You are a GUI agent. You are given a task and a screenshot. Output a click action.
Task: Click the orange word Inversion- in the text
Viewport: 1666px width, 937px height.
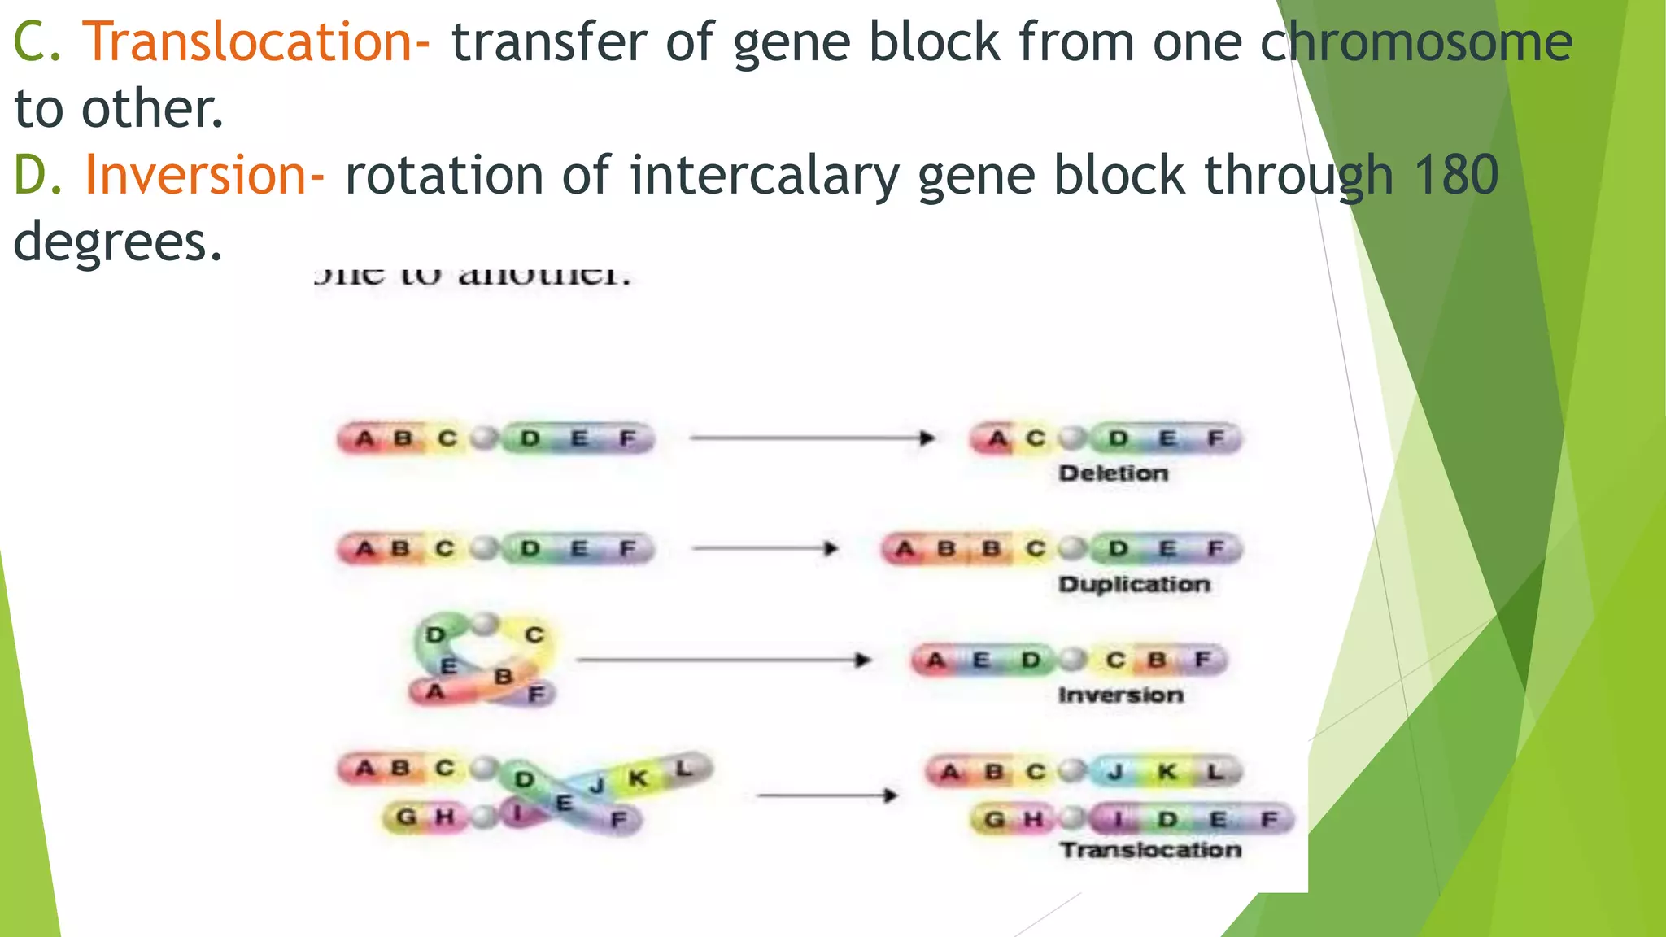click(204, 175)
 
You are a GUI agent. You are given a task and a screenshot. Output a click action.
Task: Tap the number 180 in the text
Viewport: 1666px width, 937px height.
click(1455, 175)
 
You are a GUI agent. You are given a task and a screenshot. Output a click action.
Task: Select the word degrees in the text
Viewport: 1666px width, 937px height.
click(118, 242)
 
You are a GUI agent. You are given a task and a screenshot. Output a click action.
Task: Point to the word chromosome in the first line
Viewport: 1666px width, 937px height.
click(1416, 42)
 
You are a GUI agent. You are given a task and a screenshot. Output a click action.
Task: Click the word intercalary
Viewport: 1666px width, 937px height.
click(764, 175)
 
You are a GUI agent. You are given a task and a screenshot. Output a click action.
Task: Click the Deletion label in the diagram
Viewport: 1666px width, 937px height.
click(1113, 473)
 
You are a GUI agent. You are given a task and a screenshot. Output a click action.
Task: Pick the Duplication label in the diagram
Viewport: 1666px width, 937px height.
click(1134, 584)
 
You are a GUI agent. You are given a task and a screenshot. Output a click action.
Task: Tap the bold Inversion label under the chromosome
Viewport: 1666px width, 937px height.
click(1120, 695)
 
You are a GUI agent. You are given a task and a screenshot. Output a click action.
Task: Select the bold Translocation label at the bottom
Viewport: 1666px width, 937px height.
click(1150, 850)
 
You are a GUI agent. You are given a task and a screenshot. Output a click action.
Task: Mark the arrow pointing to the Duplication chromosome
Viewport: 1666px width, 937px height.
click(765, 548)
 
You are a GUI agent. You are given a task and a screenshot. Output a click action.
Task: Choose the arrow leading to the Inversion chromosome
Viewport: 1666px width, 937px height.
click(724, 660)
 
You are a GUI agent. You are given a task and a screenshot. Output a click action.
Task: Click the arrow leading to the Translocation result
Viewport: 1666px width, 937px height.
click(826, 795)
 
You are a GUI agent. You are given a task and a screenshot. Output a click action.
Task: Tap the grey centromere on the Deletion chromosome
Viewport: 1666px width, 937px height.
click(1073, 438)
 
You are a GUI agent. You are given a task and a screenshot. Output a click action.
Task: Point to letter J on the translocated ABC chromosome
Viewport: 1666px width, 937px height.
click(1115, 771)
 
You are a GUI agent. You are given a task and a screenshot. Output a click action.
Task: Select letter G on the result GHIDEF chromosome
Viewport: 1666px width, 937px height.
click(994, 819)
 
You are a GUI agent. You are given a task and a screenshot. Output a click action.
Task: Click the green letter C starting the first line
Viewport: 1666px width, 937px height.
click(29, 42)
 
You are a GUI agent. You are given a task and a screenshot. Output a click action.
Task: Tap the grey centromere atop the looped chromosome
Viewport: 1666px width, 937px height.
click(485, 625)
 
